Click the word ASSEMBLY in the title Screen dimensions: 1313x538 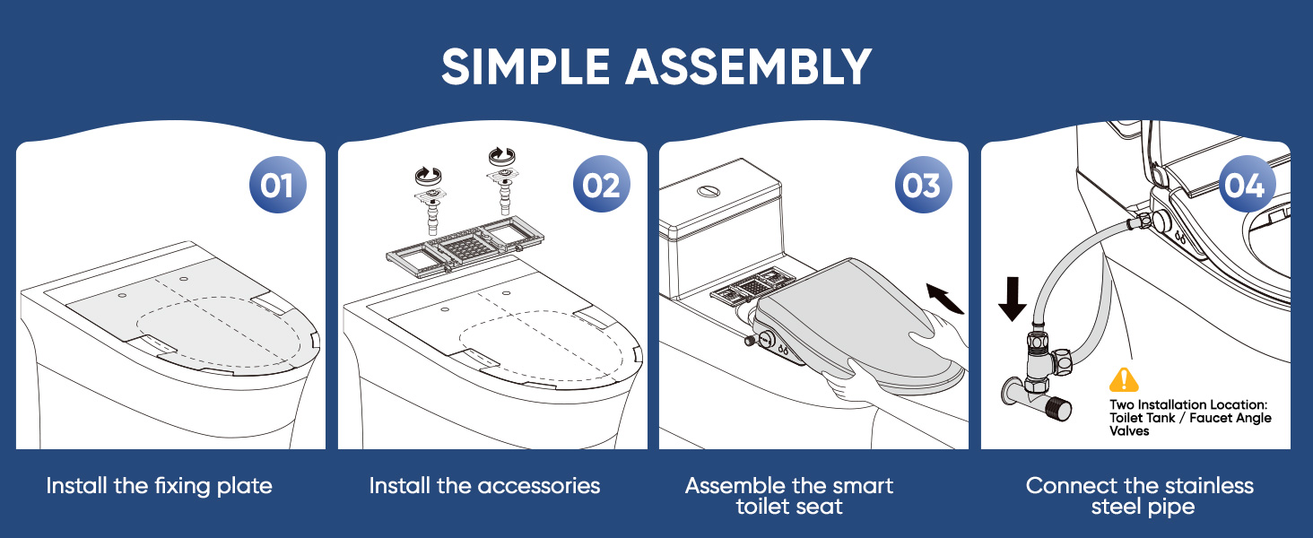[749, 66]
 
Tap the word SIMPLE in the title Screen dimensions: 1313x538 [526, 66]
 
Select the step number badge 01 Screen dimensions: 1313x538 [278, 185]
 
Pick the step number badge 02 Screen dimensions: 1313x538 [602, 185]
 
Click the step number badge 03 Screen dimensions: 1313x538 [923, 185]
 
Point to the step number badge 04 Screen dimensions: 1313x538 [1247, 185]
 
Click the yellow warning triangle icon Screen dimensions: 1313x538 [1124, 380]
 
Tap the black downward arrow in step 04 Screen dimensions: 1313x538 [1013, 299]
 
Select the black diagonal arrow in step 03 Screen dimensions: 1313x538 [945, 299]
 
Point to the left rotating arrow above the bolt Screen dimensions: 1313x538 [428, 175]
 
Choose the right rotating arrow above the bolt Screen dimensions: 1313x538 [501, 155]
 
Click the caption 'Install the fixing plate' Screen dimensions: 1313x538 [159, 486]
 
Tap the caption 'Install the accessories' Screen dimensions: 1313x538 [484, 486]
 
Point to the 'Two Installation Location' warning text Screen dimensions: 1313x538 [1190, 418]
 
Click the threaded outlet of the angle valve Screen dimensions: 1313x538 [1059, 408]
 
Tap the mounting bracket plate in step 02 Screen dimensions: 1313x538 [465, 247]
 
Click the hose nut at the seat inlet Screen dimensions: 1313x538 [1140, 222]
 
